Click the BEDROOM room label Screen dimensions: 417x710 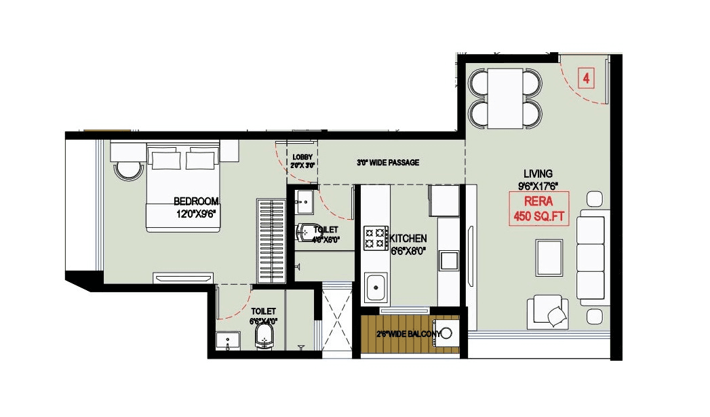coord(196,201)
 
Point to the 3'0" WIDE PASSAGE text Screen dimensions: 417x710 coord(388,163)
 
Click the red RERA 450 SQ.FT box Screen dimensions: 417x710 coord(538,209)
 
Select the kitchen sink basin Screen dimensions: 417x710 coord(374,287)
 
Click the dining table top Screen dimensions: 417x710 coord(505,98)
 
